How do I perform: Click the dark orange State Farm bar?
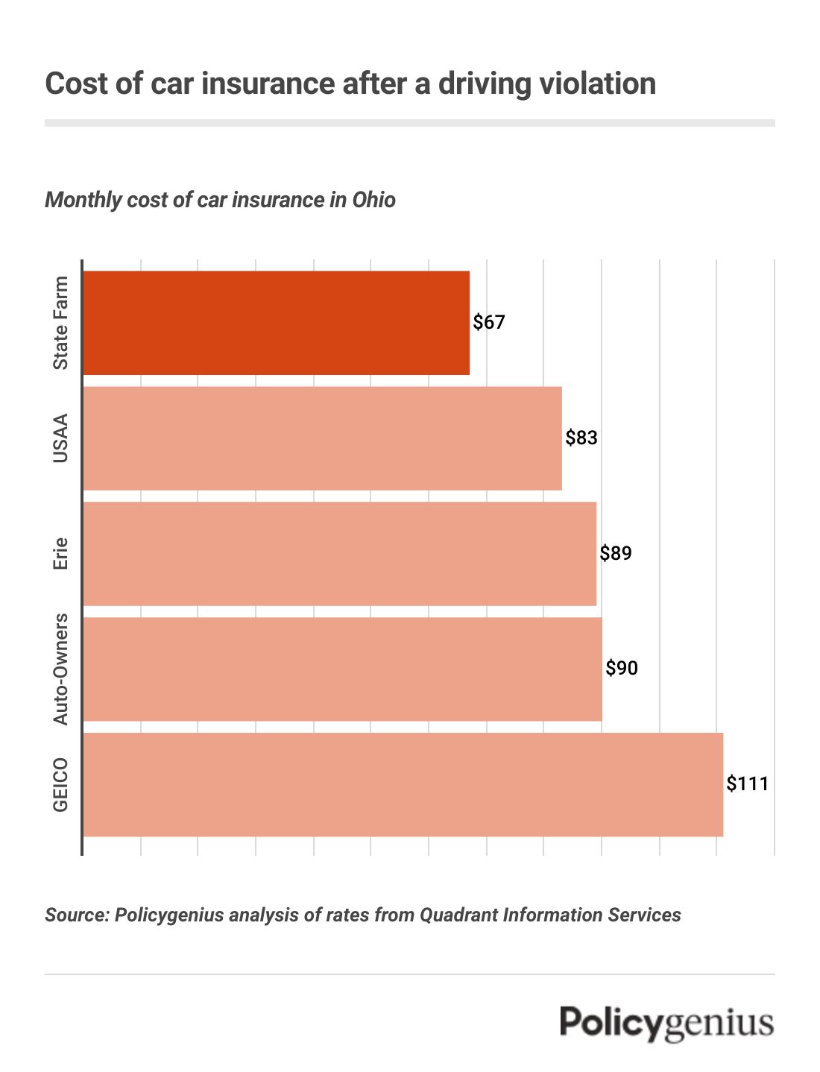[x=276, y=322]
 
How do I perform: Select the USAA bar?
[x=322, y=438]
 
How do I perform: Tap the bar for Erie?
[x=339, y=553]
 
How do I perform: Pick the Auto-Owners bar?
[x=342, y=669]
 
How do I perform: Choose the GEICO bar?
[x=403, y=784]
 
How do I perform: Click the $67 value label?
[x=489, y=322]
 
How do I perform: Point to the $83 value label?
[x=581, y=438]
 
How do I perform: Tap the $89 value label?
[x=616, y=553]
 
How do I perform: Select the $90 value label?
[x=622, y=668]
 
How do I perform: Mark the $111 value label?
[x=747, y=783]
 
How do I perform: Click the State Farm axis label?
[x=60, y=322]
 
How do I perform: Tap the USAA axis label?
[x=60, y=438]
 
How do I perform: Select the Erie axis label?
[x=60, y=553]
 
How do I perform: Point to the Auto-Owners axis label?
[x=60, y=669]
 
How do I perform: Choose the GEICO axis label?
[x=60, y=784]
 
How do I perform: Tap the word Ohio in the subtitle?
[x=373, y=200]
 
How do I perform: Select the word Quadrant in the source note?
[x=456, y=915]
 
